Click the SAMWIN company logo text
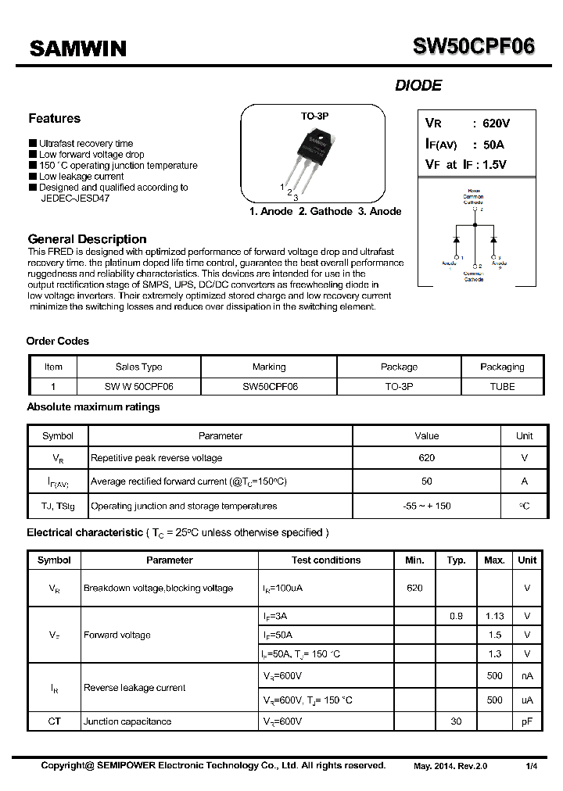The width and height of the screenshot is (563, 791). [77, 48]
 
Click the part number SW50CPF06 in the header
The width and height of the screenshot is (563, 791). [474, 47]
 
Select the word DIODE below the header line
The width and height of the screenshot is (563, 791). [418, 86]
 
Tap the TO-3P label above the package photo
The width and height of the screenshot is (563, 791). [314, 116]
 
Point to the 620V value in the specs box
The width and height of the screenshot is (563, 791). [496, 123]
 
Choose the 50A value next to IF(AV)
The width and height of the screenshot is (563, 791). [493, 145]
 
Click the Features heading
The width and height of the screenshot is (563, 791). [54, 119]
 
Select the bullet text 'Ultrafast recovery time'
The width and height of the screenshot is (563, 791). [86, 144]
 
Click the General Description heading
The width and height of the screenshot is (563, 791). [87, 239]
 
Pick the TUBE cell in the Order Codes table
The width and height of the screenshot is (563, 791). [502, 386]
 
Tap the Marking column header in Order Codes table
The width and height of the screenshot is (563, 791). [269, 367]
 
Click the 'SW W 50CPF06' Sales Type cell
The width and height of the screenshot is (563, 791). [139, 386]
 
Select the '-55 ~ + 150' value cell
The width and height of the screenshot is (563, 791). [427, 506]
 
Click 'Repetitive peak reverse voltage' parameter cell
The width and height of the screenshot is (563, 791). [156, 458]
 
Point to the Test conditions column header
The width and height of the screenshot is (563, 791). [326, 560]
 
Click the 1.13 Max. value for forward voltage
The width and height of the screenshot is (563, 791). [494, 616]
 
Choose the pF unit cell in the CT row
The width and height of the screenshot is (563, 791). [527, 721]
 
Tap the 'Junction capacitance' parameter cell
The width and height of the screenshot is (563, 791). [127, 721]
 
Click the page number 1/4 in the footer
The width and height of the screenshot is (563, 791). [532, 766]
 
